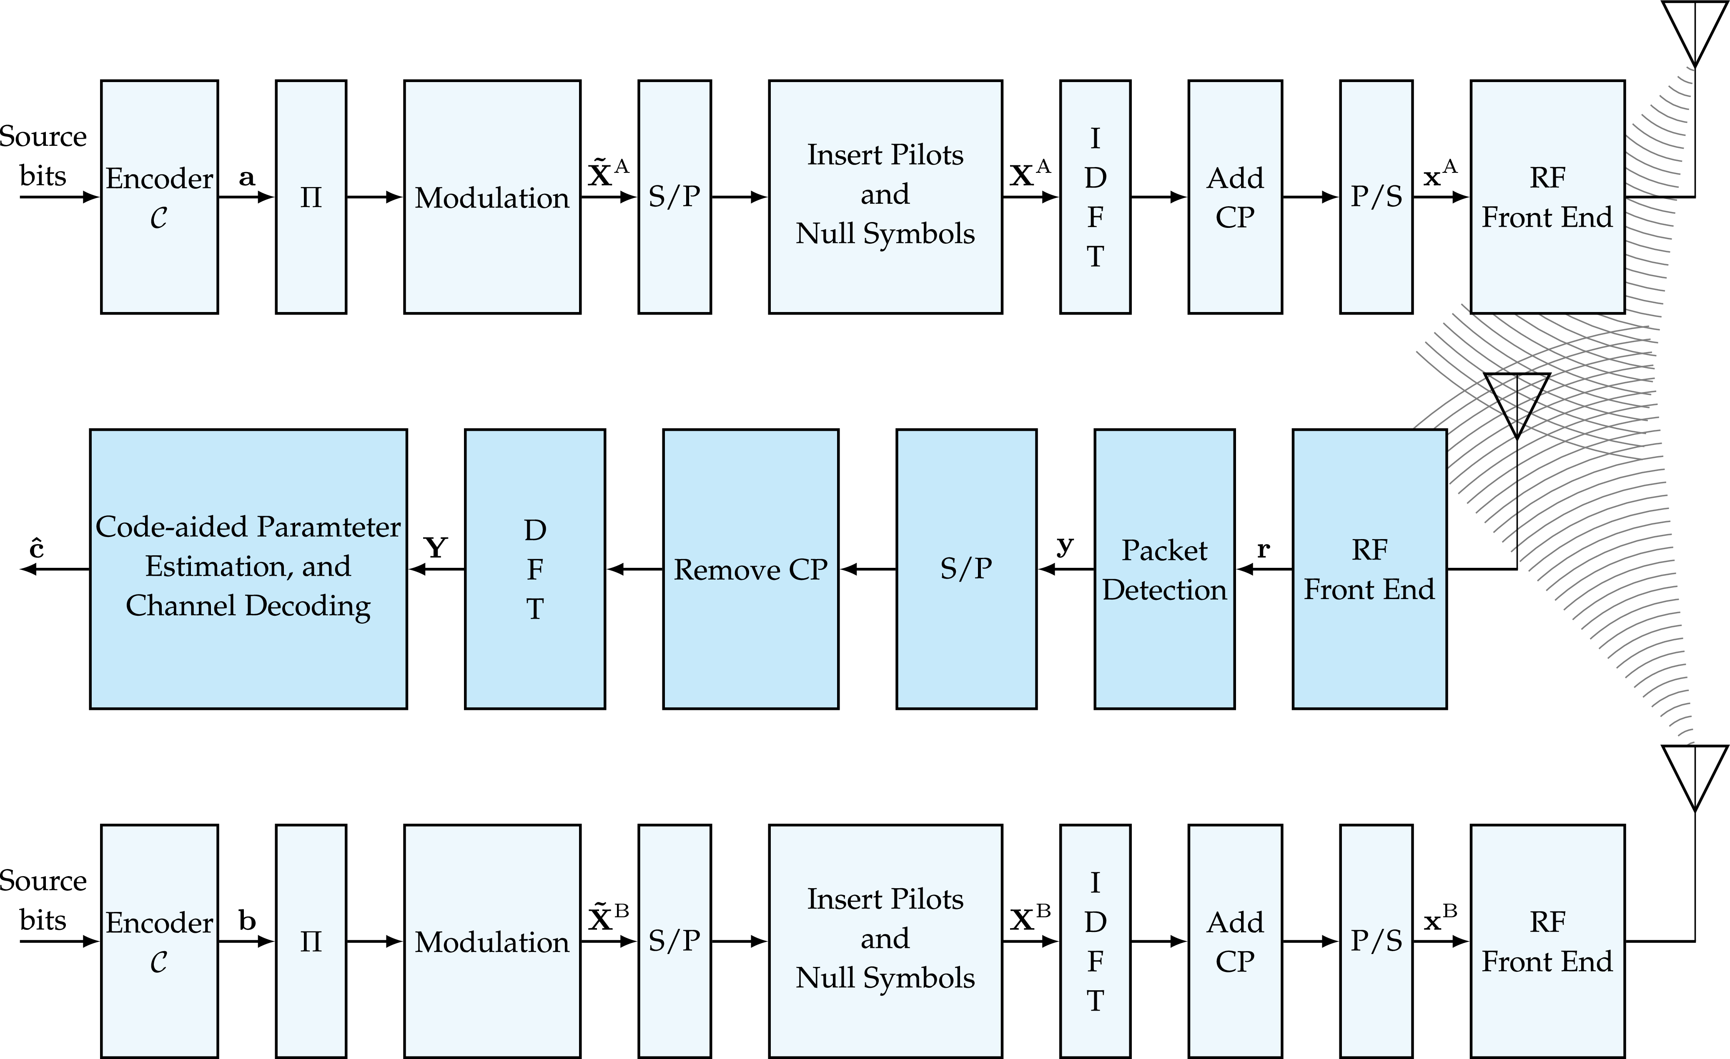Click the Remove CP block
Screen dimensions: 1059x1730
tap(750, 569)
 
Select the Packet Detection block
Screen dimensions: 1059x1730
tap(1164, 569)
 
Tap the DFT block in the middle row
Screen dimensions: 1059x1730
tap(534, 569)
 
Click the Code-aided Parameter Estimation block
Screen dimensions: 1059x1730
tap(248, 569)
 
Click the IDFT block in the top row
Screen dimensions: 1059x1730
tap(1095, 197)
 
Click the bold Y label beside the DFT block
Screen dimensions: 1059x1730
tap(436, 547)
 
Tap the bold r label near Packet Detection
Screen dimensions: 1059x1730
tap(1263, 549)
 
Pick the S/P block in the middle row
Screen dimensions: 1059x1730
tap(966, 569)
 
